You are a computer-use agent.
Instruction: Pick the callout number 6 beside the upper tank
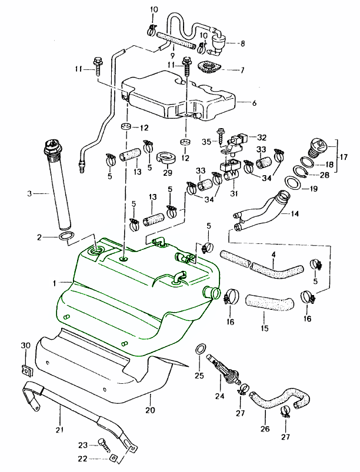point(254,103)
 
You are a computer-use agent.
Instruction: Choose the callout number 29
point(167,173)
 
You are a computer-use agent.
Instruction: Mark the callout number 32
point(262,136)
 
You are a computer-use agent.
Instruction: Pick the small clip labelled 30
point(25,370)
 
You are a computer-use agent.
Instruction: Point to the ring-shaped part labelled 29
point(167,159)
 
